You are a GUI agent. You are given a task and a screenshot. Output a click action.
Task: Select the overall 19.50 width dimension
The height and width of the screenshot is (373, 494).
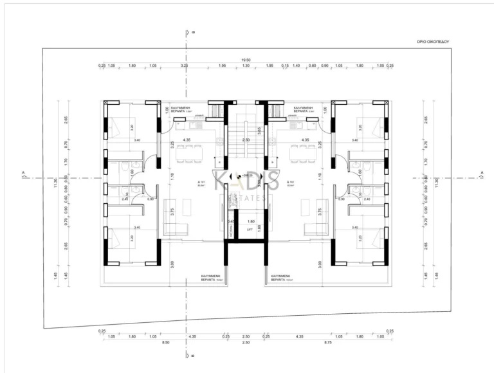245,60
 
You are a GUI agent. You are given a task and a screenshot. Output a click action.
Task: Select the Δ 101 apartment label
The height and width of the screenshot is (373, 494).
201,183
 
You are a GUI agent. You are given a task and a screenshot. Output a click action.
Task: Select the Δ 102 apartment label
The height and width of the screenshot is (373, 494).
290,183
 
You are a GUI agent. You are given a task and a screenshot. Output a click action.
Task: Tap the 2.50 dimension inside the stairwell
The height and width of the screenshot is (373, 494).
245,140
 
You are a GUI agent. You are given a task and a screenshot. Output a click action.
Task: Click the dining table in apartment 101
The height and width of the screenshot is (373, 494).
188,153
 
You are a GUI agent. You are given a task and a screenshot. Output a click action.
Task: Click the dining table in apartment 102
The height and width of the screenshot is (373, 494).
302,153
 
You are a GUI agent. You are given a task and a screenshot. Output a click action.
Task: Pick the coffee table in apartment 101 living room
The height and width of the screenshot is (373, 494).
187,207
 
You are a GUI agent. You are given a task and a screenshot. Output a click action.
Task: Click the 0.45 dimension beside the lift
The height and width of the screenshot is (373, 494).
230,222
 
